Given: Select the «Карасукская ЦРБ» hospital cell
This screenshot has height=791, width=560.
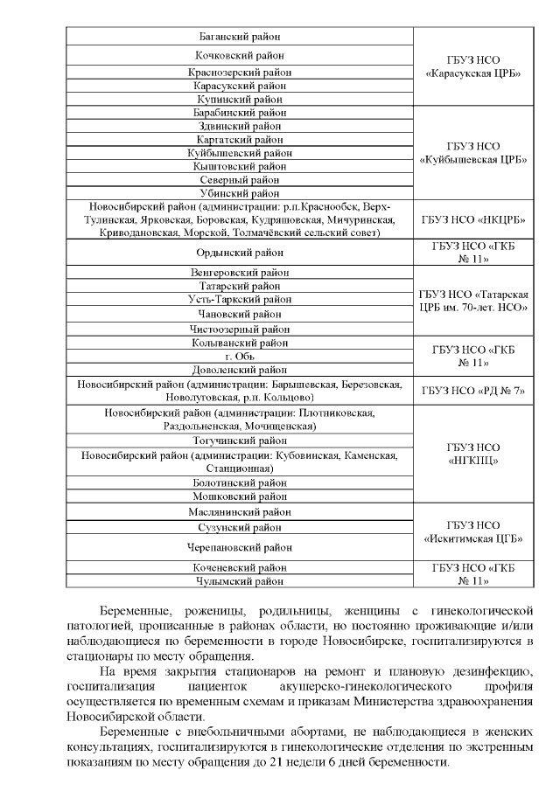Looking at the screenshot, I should coord(472,66).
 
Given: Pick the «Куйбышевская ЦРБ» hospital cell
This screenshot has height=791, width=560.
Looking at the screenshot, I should coord(472,153).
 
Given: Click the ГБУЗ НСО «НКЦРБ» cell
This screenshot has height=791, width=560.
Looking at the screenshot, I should coord(472,219).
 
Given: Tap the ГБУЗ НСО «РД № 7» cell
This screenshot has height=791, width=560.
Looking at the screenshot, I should coord(472,391).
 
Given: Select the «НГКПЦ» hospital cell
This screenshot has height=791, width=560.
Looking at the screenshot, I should coord(472,454).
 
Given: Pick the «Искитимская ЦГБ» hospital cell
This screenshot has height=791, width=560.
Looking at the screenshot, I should coord(472,531).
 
